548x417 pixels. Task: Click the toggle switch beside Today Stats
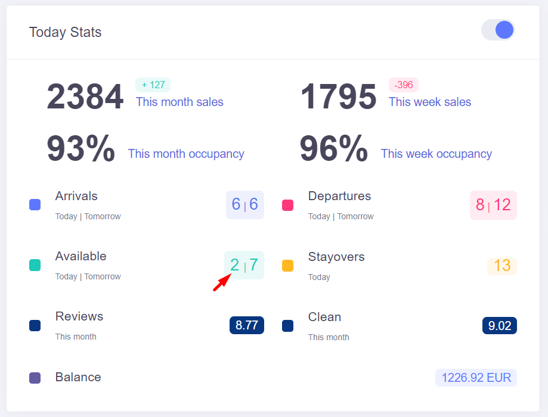click(498, 30)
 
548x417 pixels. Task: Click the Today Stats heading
click(65, 32)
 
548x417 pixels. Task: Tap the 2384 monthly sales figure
click(85, 97)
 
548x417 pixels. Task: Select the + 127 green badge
click(153, 85)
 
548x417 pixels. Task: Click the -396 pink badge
click(404, 85)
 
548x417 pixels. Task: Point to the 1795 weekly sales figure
click(338, 97)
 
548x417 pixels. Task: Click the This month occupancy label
click(186, 154)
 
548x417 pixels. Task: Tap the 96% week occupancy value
click(333, 149)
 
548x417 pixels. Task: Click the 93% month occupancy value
click(81, 149)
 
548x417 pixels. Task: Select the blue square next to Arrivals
click(35, 205)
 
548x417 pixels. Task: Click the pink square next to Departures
click(287, 205)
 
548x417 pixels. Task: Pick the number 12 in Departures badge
click(502, 205)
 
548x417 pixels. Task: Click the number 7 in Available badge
click(253, 264)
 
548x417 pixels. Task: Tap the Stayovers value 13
click(502, 266)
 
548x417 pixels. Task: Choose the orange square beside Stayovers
click(287, 266)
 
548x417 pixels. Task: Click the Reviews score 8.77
click(247, 325)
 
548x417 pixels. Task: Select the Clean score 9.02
click(500, 326)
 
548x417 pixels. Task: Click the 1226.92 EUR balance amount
click(476, 378)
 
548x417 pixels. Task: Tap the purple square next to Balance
click(35, 378)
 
